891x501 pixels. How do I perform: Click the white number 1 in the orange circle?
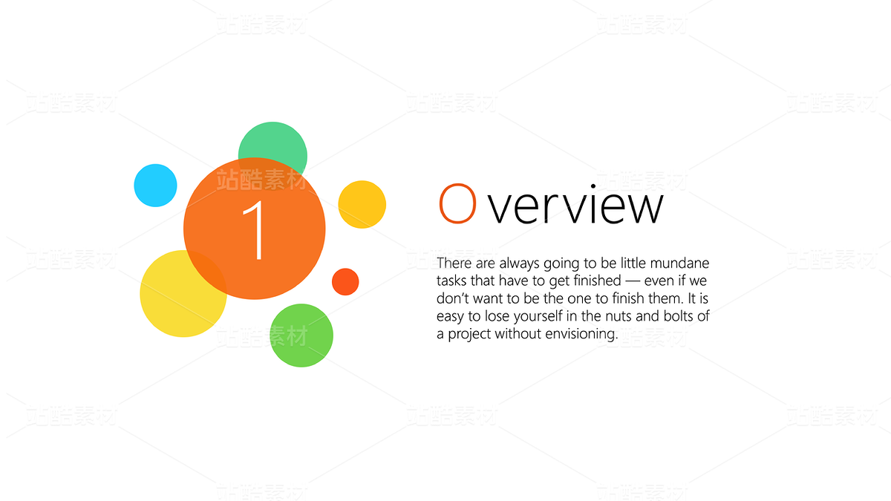pyautogui.click(x=255, y=230)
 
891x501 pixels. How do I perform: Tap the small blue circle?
pyautogui.click(x=155, y=186)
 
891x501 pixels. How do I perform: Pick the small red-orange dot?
pyautogui.click(x=345, y=282)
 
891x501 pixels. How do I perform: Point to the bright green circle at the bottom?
pyautogui.click(x=301, y=335)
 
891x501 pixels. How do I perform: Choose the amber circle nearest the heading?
pyautogui.click(x=362, y=204)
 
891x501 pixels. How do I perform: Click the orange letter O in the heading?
pyautogui.click(x=457, y=203)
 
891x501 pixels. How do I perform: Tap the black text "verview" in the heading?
pyautogui.click(x=575, y=203)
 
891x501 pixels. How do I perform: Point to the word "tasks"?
pyautogui.click(x=452, y=281)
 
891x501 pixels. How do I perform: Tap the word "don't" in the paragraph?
pyautogui.click(x=453, y=298)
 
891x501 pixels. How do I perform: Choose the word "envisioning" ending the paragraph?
pyautogui.click(x=581, y=334)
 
